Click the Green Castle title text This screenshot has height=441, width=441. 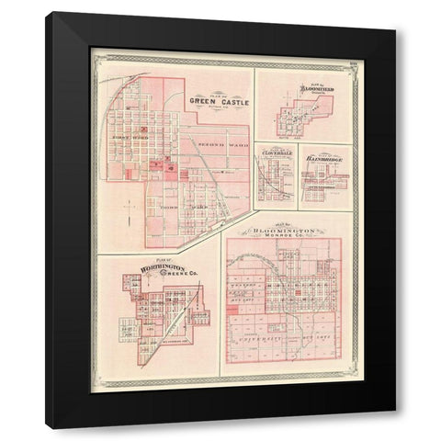point(220,101)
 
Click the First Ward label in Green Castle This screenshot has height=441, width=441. point(124,139)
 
